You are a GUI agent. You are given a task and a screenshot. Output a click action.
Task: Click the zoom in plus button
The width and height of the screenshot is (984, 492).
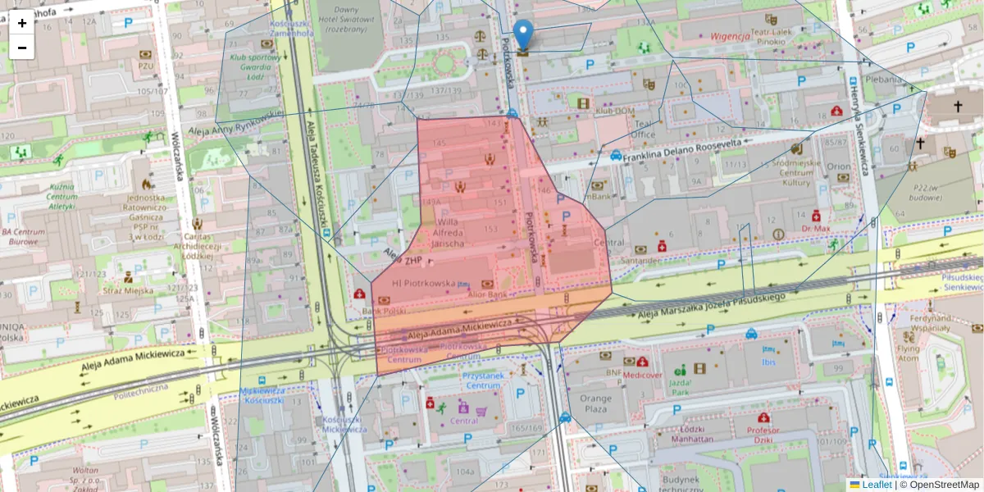coord(22,23)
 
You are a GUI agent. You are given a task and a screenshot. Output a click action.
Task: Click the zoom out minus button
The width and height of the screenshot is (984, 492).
coord(22,48)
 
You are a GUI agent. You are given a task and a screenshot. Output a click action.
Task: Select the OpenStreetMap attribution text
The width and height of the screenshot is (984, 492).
coord(944,485)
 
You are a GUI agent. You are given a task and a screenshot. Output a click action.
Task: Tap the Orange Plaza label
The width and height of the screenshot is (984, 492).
coord(596,403)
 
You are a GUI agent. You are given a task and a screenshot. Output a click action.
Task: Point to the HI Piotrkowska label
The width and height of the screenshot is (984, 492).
coord(424,283)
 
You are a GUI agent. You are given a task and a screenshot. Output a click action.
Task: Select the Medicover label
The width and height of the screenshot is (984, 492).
coord(641,376)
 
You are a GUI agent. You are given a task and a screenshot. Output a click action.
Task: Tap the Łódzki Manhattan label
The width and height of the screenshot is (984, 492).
coord(691,434)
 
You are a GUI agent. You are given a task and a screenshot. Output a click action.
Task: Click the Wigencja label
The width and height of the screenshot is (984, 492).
coord(731,36)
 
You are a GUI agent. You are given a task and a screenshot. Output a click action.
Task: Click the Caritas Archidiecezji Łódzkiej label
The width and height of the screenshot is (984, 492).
coord(198,244)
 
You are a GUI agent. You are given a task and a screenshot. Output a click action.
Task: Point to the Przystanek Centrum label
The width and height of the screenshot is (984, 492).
coord(483,380)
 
